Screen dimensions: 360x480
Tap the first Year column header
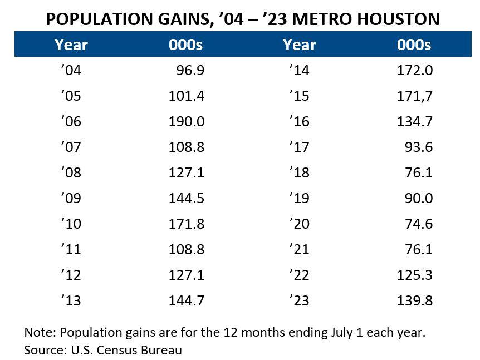point(71,45)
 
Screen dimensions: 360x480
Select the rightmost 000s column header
point(414,45)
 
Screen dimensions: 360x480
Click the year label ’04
point(71,71)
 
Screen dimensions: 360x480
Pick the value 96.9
point(190,71)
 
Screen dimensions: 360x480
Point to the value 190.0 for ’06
point(187,122)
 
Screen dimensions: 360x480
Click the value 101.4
point(187,96)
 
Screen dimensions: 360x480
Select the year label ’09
point(71,199)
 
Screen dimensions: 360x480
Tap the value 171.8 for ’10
point(187,224)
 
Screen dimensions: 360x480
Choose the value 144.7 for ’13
point(187,301)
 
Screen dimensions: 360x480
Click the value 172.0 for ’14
point(415,71)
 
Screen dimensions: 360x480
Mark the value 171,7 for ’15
point(415,96)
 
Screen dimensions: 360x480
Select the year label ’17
point(299,147)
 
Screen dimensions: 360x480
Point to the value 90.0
point(419,199)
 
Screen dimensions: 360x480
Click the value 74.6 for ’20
point(419,224)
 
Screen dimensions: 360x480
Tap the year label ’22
point(299,275)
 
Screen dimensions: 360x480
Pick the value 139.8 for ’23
point(415,301)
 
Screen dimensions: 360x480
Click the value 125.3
point(415,275)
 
